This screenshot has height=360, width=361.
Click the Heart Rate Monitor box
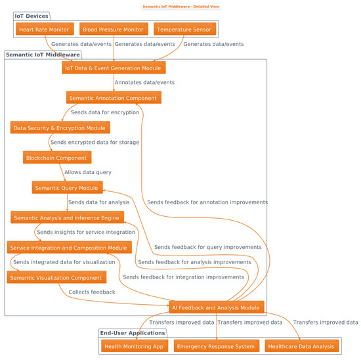[45, 30]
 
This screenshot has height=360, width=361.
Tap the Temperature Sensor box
[184, 30]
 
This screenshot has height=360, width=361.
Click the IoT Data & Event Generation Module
[114, 68]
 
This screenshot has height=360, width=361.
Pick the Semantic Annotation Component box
[114, 98]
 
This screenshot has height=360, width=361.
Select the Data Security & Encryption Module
[60, 127]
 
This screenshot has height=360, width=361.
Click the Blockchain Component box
[56, 158]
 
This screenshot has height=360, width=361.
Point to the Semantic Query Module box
[68, 188]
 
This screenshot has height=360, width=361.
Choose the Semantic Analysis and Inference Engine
[66, 217]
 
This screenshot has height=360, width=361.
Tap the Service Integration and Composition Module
[70, 248]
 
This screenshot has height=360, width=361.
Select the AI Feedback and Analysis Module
[216, 307]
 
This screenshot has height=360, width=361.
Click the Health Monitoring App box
[135, 346]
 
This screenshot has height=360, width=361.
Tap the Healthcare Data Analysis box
[301, 346]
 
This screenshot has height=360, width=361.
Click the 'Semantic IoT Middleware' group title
[43, 55]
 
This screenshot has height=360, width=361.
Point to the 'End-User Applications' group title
[133, 333]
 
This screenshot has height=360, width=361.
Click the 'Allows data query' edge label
[88, 172]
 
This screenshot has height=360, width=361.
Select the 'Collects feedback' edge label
[92, 292]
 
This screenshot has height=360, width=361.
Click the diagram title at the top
[180, 6]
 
